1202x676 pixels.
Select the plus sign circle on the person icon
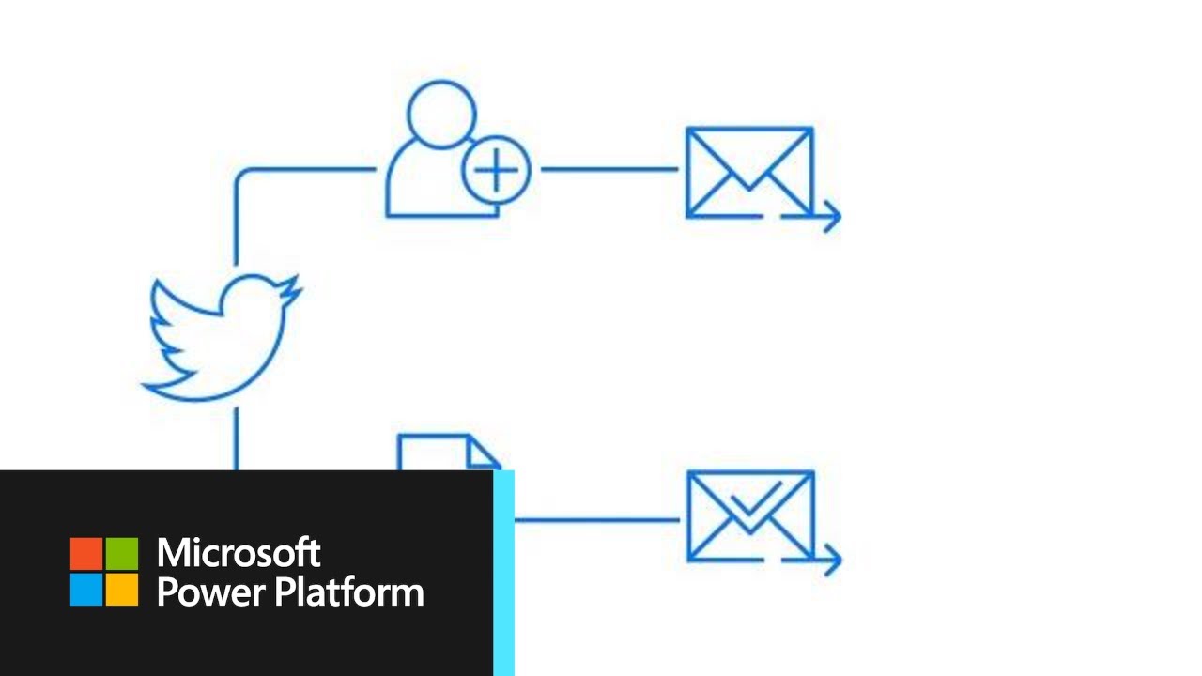(x=496, y=171)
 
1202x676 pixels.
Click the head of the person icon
(x=441, y=114)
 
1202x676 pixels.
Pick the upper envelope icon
(x=748, y=172)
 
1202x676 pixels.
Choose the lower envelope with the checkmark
(x=749, y=515)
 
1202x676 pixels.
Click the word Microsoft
(x=239, y=553)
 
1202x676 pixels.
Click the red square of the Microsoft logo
(x=86, y=554)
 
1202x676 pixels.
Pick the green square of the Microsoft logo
(x=122, y=554)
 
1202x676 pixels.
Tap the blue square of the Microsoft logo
(x=86, y=590)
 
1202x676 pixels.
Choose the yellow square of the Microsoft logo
(x=122, y=590)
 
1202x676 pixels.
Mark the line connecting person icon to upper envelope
(x=609, y=170)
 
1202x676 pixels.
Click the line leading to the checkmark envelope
(x=597, y=519)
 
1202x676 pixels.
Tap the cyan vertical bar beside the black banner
(x=503, y=573)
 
